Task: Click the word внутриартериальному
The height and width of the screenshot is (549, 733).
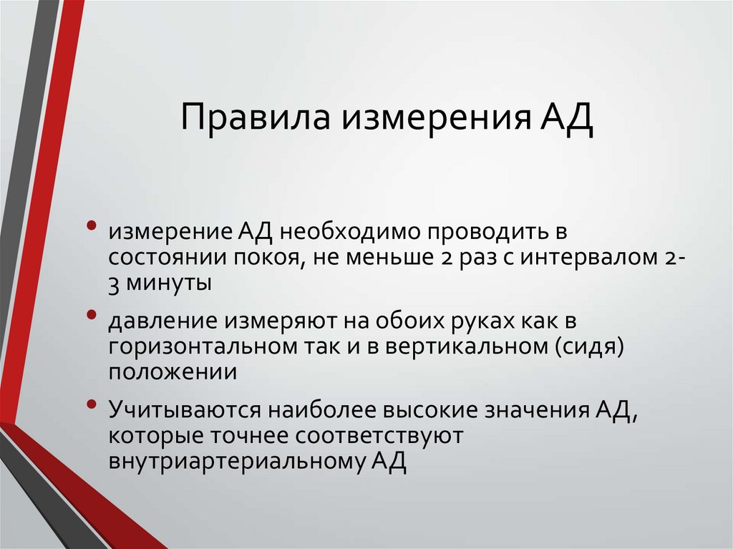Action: point(236,460)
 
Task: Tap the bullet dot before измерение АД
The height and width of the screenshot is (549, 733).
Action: point(92,227)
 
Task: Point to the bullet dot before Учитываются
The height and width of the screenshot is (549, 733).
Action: point(92,404)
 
